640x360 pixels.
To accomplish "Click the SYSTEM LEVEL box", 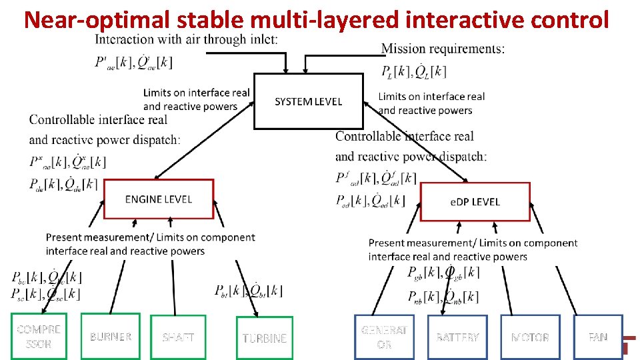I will coord(308,101).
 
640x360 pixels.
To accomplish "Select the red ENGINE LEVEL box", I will coord(159,199).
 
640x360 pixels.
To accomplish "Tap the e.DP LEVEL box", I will coord(475,201).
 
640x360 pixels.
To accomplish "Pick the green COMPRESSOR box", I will coord(39,336).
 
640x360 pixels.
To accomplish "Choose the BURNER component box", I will coord(111,336).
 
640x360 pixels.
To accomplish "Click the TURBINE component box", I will coord(264,338).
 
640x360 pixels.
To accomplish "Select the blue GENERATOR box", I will coord(383,337).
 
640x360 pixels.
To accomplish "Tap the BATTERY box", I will coord(457,337).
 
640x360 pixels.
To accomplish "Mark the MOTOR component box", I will coord(530,337).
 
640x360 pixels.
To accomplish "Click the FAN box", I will coord(598,337).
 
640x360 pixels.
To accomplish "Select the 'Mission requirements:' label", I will coord(443,48).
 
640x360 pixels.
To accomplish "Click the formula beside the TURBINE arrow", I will coord(248,291).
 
